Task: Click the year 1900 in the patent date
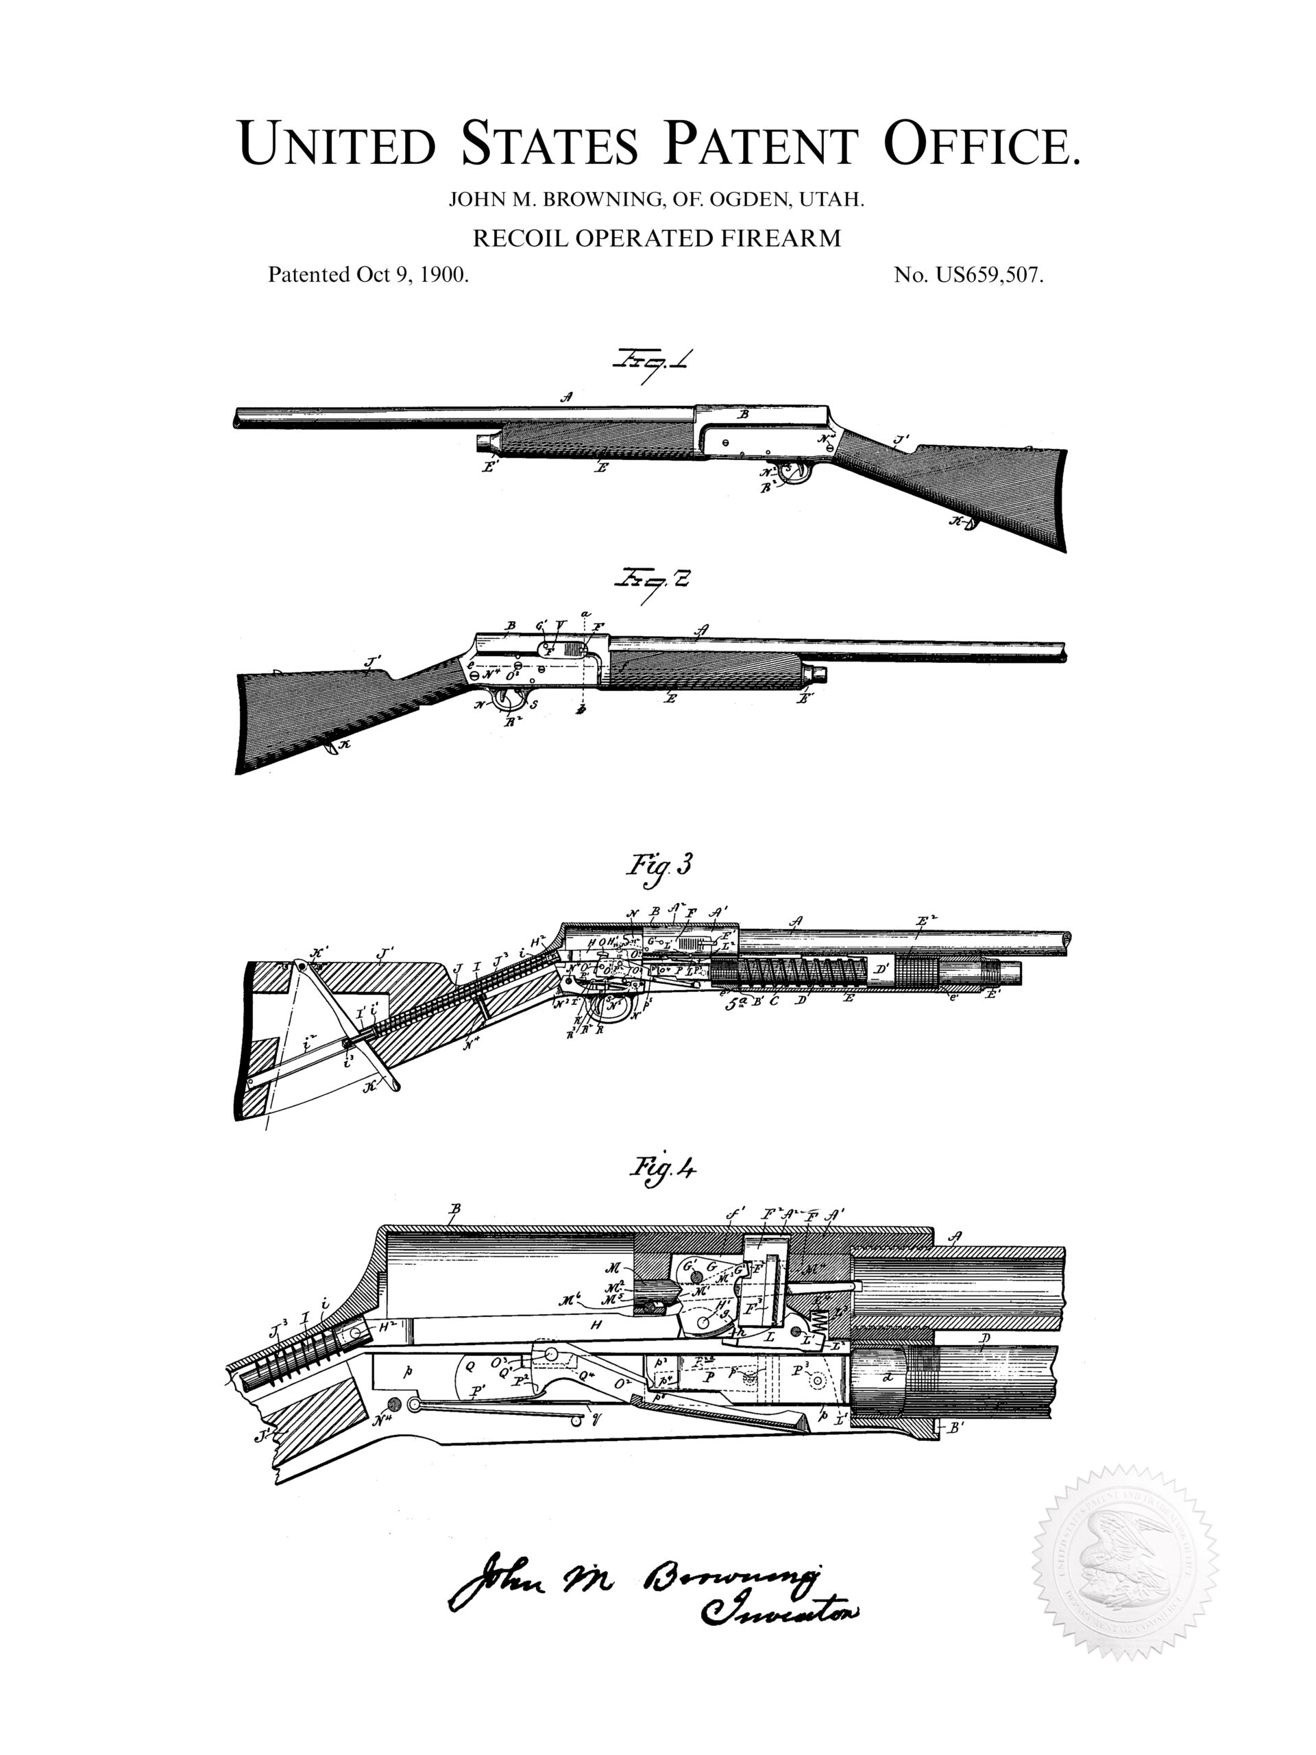click(x=443, y=274)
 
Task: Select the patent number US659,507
click(x=988, y=274)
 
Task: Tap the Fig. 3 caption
click(x=659, y=864)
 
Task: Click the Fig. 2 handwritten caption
click(x=652, y=581)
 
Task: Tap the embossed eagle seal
click(x=1124, y=1562)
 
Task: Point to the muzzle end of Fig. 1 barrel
click(x=238, y=418)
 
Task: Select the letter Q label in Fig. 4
click(x=469, y=1366)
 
